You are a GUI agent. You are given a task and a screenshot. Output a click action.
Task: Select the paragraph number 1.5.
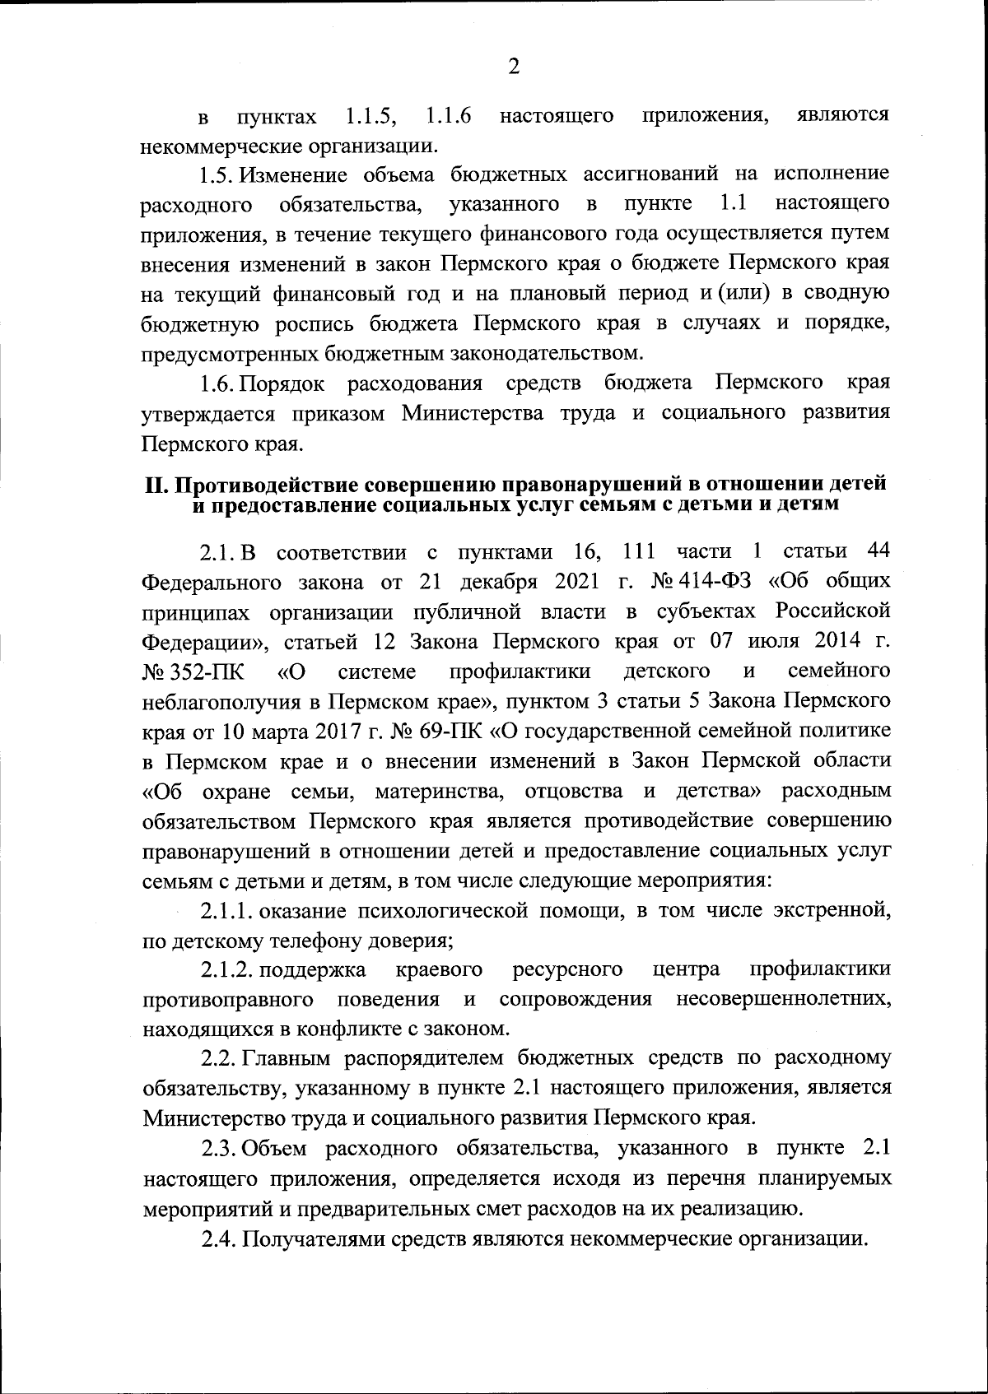point(218,175)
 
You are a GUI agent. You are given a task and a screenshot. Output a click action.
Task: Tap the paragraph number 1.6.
point(218,383)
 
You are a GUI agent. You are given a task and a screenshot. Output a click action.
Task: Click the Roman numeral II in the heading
point(156,486)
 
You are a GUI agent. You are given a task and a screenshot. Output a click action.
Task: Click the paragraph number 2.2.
point(219,1058)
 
